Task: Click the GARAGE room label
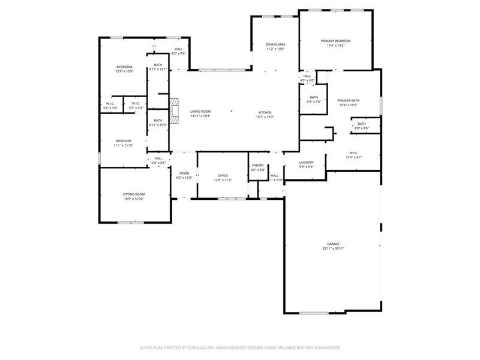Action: [334, 244]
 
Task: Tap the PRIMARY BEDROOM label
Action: [338, 41]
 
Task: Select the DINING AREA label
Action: [275, 44]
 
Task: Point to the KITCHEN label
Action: [265, 112]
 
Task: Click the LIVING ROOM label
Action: [200, 112]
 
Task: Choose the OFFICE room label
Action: [222, 175]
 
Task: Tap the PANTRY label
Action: [258, 165]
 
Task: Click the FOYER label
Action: [184, 173]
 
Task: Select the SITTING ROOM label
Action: [134, 194]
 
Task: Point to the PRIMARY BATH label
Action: [348, 100]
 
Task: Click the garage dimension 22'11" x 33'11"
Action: [334, 248]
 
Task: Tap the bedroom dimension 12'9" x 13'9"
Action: [124, 71]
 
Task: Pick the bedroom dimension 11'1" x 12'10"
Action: [123, 145]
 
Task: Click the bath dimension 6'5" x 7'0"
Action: [314, 102]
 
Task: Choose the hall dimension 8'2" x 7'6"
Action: [178, 53]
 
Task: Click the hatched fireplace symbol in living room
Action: [174, 110]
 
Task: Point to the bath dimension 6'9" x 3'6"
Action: [362, 128]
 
